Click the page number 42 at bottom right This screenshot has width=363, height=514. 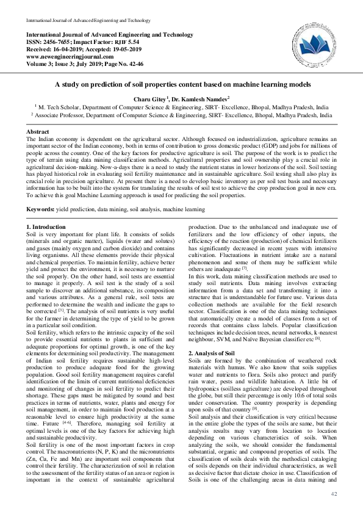click(334, 493)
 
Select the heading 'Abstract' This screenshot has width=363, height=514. click(38, 132)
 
